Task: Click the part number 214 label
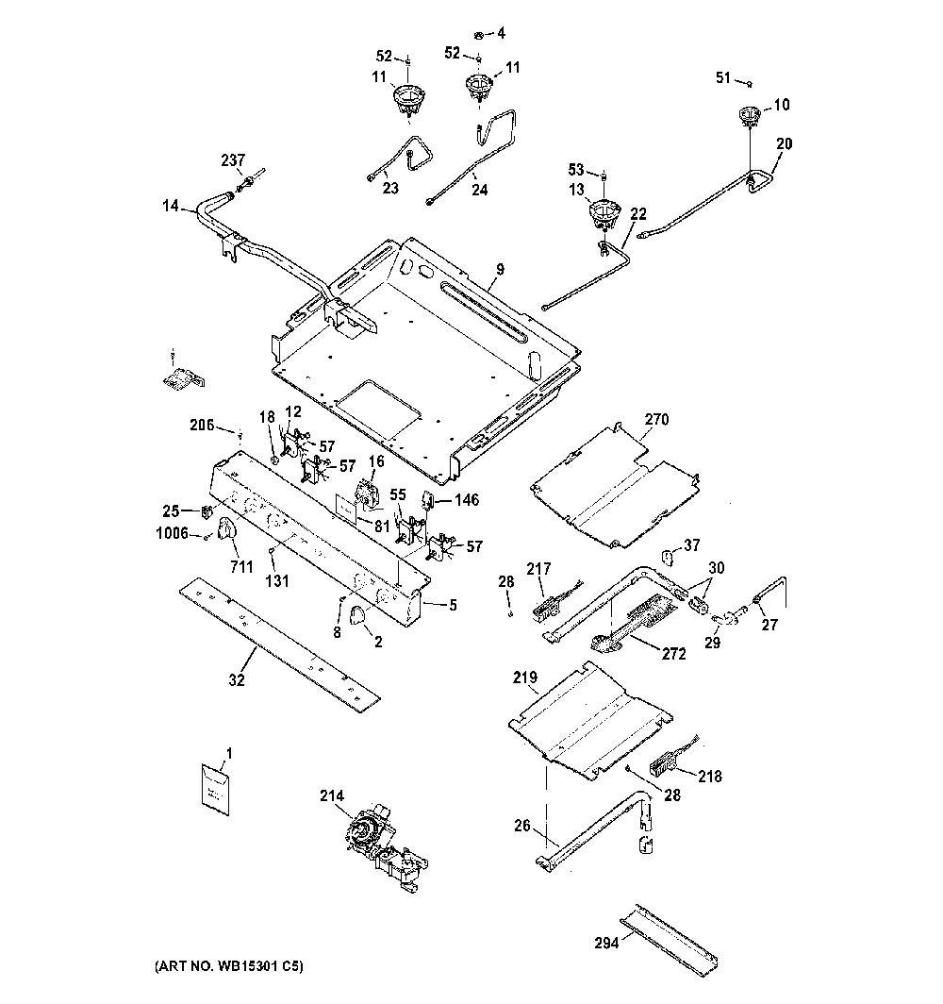pos(332,795)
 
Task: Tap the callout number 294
pos(606,943)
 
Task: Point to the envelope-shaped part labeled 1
pos(215,788)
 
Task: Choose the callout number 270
pos(656,419)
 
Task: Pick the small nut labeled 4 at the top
pos(478,34)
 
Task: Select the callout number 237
pos(233,160)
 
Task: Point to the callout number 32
pos(237,680)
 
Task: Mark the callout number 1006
pos(173,533)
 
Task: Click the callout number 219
pos(525,678)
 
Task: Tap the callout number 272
pos(673,654)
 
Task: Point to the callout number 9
pos(500,270)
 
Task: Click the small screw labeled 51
pos(749,83)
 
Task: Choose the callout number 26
pos(522,826)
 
